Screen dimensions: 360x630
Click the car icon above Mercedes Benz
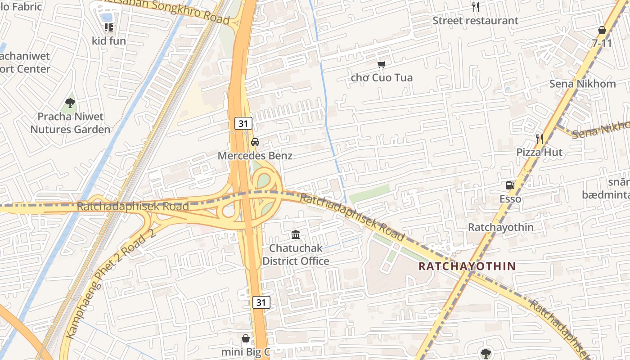click(255, 142)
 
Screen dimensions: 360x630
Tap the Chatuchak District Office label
click(296, 255)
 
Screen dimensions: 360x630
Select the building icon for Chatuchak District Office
click(296, 234)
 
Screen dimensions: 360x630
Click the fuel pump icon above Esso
click(510, 185)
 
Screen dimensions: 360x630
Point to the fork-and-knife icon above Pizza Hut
click(539, 139)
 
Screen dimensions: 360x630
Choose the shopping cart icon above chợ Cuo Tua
click(382, 64)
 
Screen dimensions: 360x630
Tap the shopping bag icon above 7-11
click(602, 30)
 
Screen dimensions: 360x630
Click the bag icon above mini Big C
click(246, 338)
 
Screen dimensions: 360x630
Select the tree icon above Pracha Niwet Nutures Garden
click(70, 103)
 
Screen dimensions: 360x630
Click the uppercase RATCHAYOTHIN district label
click(467, 266)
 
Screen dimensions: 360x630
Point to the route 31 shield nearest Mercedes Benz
click(243, 123)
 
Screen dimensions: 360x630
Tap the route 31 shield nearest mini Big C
click(261, 302)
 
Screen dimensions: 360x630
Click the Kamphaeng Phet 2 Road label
click(110, 284)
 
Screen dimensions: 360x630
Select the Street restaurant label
click(475, 21)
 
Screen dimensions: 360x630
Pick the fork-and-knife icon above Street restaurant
click(475, 7)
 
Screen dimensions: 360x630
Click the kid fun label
click(109, 41)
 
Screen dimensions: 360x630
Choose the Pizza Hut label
click(539, 153)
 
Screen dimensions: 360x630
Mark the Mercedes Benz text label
click(255, 156)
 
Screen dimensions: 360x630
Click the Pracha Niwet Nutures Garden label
click(70, 123)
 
